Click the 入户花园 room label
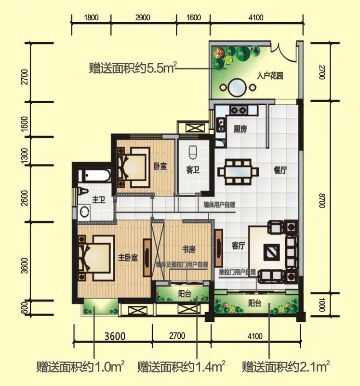coord(269,76)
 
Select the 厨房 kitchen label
coord(240,129)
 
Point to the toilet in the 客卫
coord(194,152)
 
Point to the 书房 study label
coord(188,249)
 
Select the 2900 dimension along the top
coord(143,18)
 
